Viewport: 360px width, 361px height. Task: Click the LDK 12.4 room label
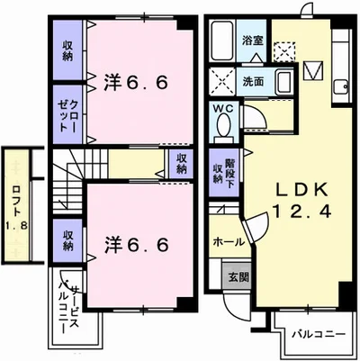click(302, 199)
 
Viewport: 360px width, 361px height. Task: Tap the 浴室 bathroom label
click(253, 41)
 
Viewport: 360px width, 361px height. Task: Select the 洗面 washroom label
click(253, 82)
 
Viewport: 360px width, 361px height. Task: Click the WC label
click(223, 109)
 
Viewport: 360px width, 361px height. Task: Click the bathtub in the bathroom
click(222, 41)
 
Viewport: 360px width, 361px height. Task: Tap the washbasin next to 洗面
click(283, 83)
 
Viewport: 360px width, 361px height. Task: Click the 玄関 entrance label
click(238, 276)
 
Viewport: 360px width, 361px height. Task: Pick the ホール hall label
click(229, 241)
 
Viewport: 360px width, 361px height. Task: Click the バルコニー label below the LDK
click(319, 334)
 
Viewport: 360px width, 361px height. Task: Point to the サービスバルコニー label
click(69, 307)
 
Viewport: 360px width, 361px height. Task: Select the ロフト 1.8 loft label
click(16, 208)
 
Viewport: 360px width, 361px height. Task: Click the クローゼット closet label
click(67, 115)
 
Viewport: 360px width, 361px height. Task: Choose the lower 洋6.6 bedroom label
click(136, 245)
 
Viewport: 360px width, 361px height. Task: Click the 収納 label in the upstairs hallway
click(181, 164)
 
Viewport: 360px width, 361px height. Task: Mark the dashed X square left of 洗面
click(222, 81)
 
